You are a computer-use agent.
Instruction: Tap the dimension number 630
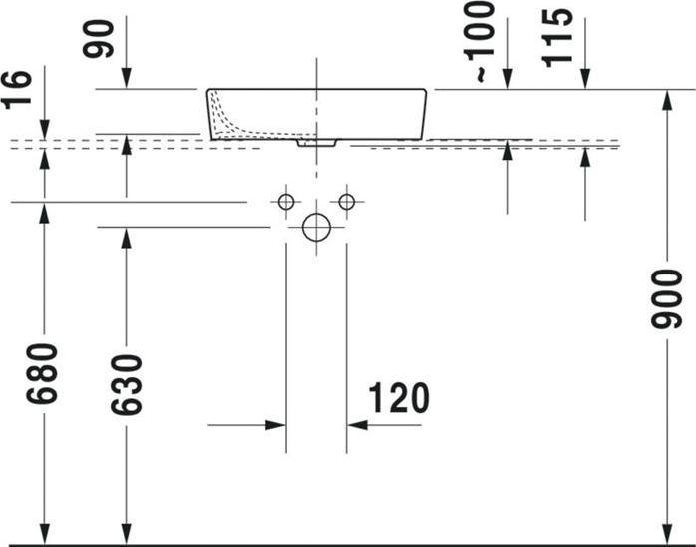pyautogui.click(x=126, y=384)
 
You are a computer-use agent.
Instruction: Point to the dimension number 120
pyautogui.click(x=399, y=398)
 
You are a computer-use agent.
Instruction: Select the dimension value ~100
pyautogui.click(x=481, y=40)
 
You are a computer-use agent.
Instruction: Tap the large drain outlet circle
pyautogui.click(x=316, y=228)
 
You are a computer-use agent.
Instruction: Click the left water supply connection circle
pyautogui.click(x=286, y=203)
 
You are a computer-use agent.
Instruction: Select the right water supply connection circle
pyautogui.click(x=346, y=203)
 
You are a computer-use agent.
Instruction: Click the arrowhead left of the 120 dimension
pyautogui.click(x=276, y=425)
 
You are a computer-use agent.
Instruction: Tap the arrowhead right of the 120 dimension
pyautogui.click(x=357, y=425)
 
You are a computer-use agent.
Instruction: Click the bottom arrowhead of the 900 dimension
pyautogui.click(x=666, y=535)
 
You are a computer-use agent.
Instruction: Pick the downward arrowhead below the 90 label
pyautogui.click(x=127, y=79)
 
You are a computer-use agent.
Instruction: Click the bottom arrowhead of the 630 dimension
pyautogui.click(x=126, y=535)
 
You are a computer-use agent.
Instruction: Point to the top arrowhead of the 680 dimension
pyautogui.click(x=44, y=212)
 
